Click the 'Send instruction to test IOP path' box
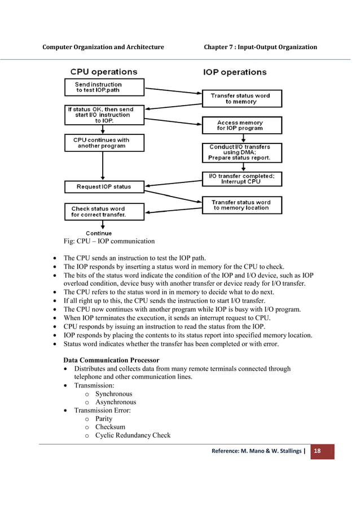click(98, 88)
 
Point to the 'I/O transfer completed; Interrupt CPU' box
click(241, 179)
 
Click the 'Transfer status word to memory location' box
click(241, 205)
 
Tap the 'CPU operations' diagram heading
click(103, 72)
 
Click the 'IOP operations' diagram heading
click(234, 72)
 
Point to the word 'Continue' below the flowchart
click(99, 233)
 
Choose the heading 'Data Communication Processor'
click(111, 360)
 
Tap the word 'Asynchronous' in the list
click(115, 402)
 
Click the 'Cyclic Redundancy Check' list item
click(133, 435)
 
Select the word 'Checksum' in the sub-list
click(110, 427)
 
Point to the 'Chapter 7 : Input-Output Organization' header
click(260, 47)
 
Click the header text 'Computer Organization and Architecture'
click(103, 47)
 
